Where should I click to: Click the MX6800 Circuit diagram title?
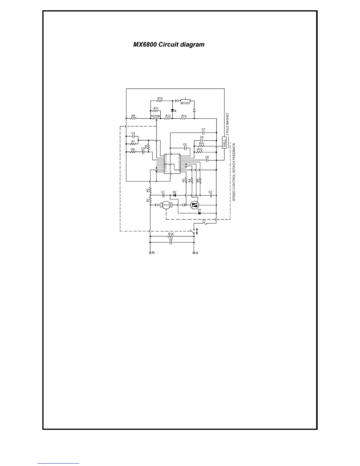tap(169, 45)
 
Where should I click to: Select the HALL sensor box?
tap(224, 143)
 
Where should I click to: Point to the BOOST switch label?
tap(185, 103)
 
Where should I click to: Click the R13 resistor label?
tap(160, 98)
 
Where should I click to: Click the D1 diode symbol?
tap(200, 213)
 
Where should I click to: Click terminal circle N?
tap(150, 253)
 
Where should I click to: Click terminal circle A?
tap(194, 253)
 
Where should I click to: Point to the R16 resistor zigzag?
tap(171, 236)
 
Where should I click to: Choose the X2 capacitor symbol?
tap(171, 242)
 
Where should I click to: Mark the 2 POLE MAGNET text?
tap(227, 124)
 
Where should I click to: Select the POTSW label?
tap(155, 116)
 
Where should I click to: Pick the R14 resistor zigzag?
tap(184, 119)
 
